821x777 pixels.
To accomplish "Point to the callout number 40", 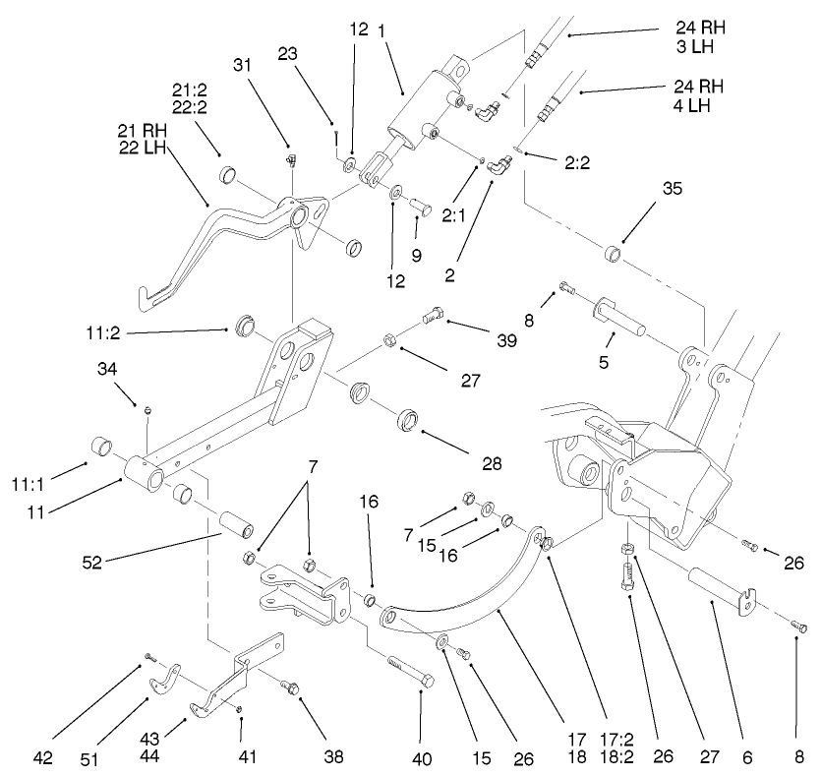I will coord(421,758).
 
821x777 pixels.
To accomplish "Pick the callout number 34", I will coord(108,369).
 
